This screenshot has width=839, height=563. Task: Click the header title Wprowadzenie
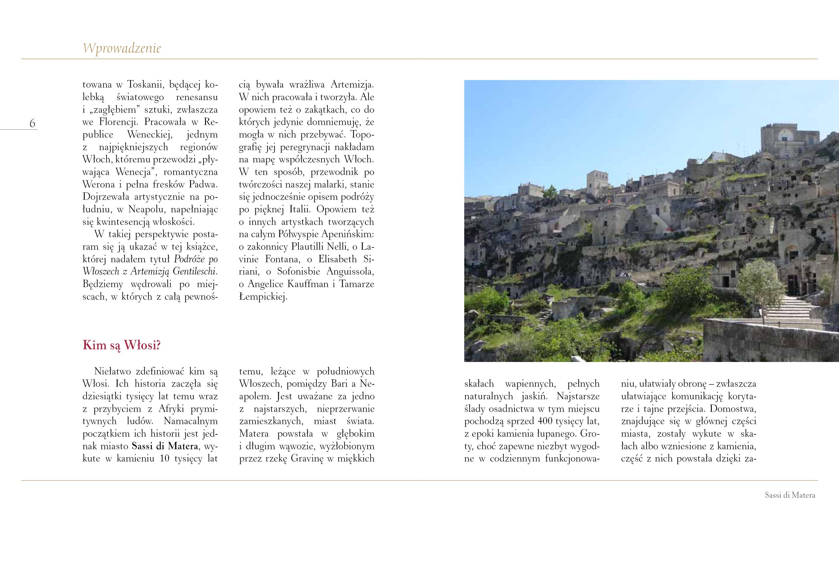[x=122, y=48]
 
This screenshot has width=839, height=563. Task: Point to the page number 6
[x=32, y=124]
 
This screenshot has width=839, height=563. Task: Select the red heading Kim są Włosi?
[x=122, y=345]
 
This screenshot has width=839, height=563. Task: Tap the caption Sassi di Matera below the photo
[x=790, y=495]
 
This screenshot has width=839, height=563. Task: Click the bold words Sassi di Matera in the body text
[x=165, y=446]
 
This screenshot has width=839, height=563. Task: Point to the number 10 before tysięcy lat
[x=165, y=459]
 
